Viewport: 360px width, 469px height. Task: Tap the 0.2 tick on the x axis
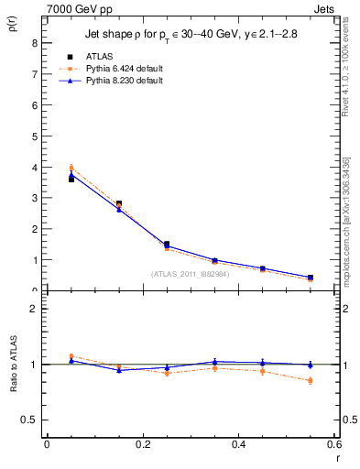point(143,444)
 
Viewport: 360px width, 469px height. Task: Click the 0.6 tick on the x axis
point(335,444)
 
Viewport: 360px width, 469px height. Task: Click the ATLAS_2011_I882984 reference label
point(191,274)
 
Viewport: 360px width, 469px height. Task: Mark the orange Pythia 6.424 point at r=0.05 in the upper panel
point(71,168)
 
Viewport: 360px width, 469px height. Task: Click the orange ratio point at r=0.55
point(311,380)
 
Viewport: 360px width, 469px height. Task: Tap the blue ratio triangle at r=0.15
point(119,370)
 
